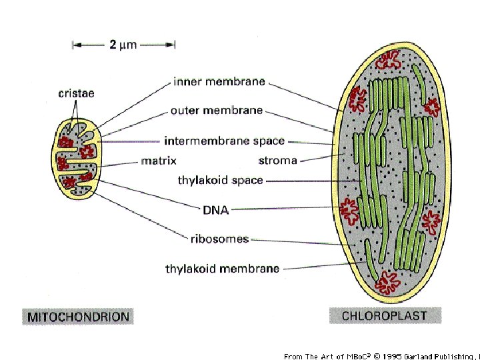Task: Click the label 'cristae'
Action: click(76, 93)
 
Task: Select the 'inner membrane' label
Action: click(219, 82)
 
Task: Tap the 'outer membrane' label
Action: click(217, 111)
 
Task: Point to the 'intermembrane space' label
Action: click(224, 141)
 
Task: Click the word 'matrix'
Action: click(158, 161)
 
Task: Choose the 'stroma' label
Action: click(277, 161)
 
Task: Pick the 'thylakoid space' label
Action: click(220, 180)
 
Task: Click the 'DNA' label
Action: click(215, 210)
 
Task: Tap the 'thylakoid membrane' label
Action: click(222, 269)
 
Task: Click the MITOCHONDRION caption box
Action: click(77, 316)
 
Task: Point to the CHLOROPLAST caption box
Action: click(385, 315)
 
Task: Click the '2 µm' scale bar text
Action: click(123, 45)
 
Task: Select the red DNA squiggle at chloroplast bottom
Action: click(386, 285)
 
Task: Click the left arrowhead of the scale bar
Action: click(75, 45)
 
